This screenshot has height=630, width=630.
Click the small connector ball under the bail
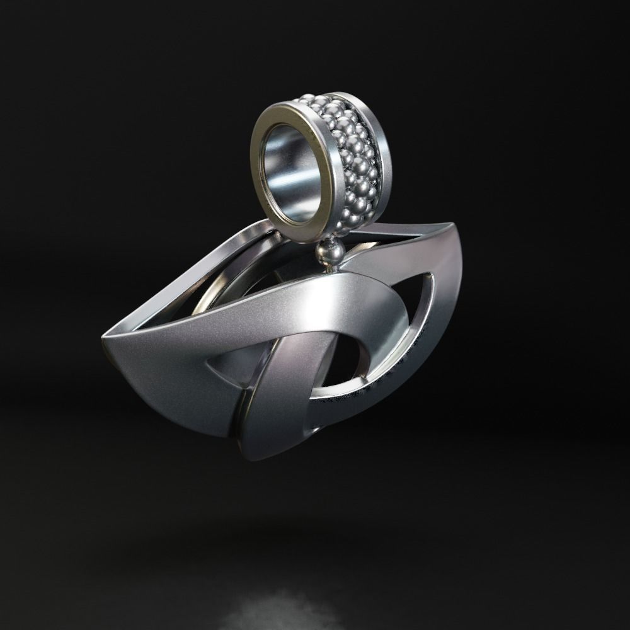pos(331,252)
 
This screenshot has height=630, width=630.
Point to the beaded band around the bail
pos(353,157)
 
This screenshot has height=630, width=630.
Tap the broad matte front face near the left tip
pos(151,353)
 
